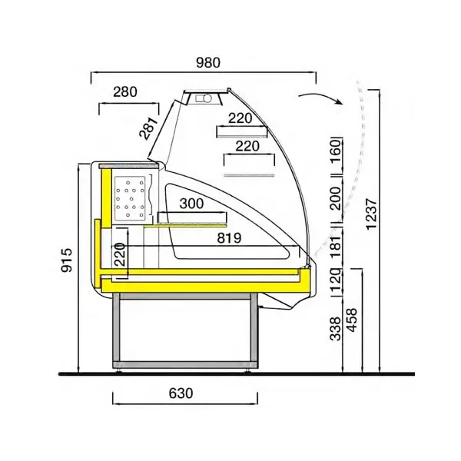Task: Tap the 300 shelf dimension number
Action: point(192,204)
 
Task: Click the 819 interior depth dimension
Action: point(229,238)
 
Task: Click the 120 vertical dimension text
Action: point(335,282)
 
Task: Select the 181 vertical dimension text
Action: point(335,248)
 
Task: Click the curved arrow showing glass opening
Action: point(319,97)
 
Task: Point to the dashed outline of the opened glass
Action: point(359,154)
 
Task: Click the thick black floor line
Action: point(230,373)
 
